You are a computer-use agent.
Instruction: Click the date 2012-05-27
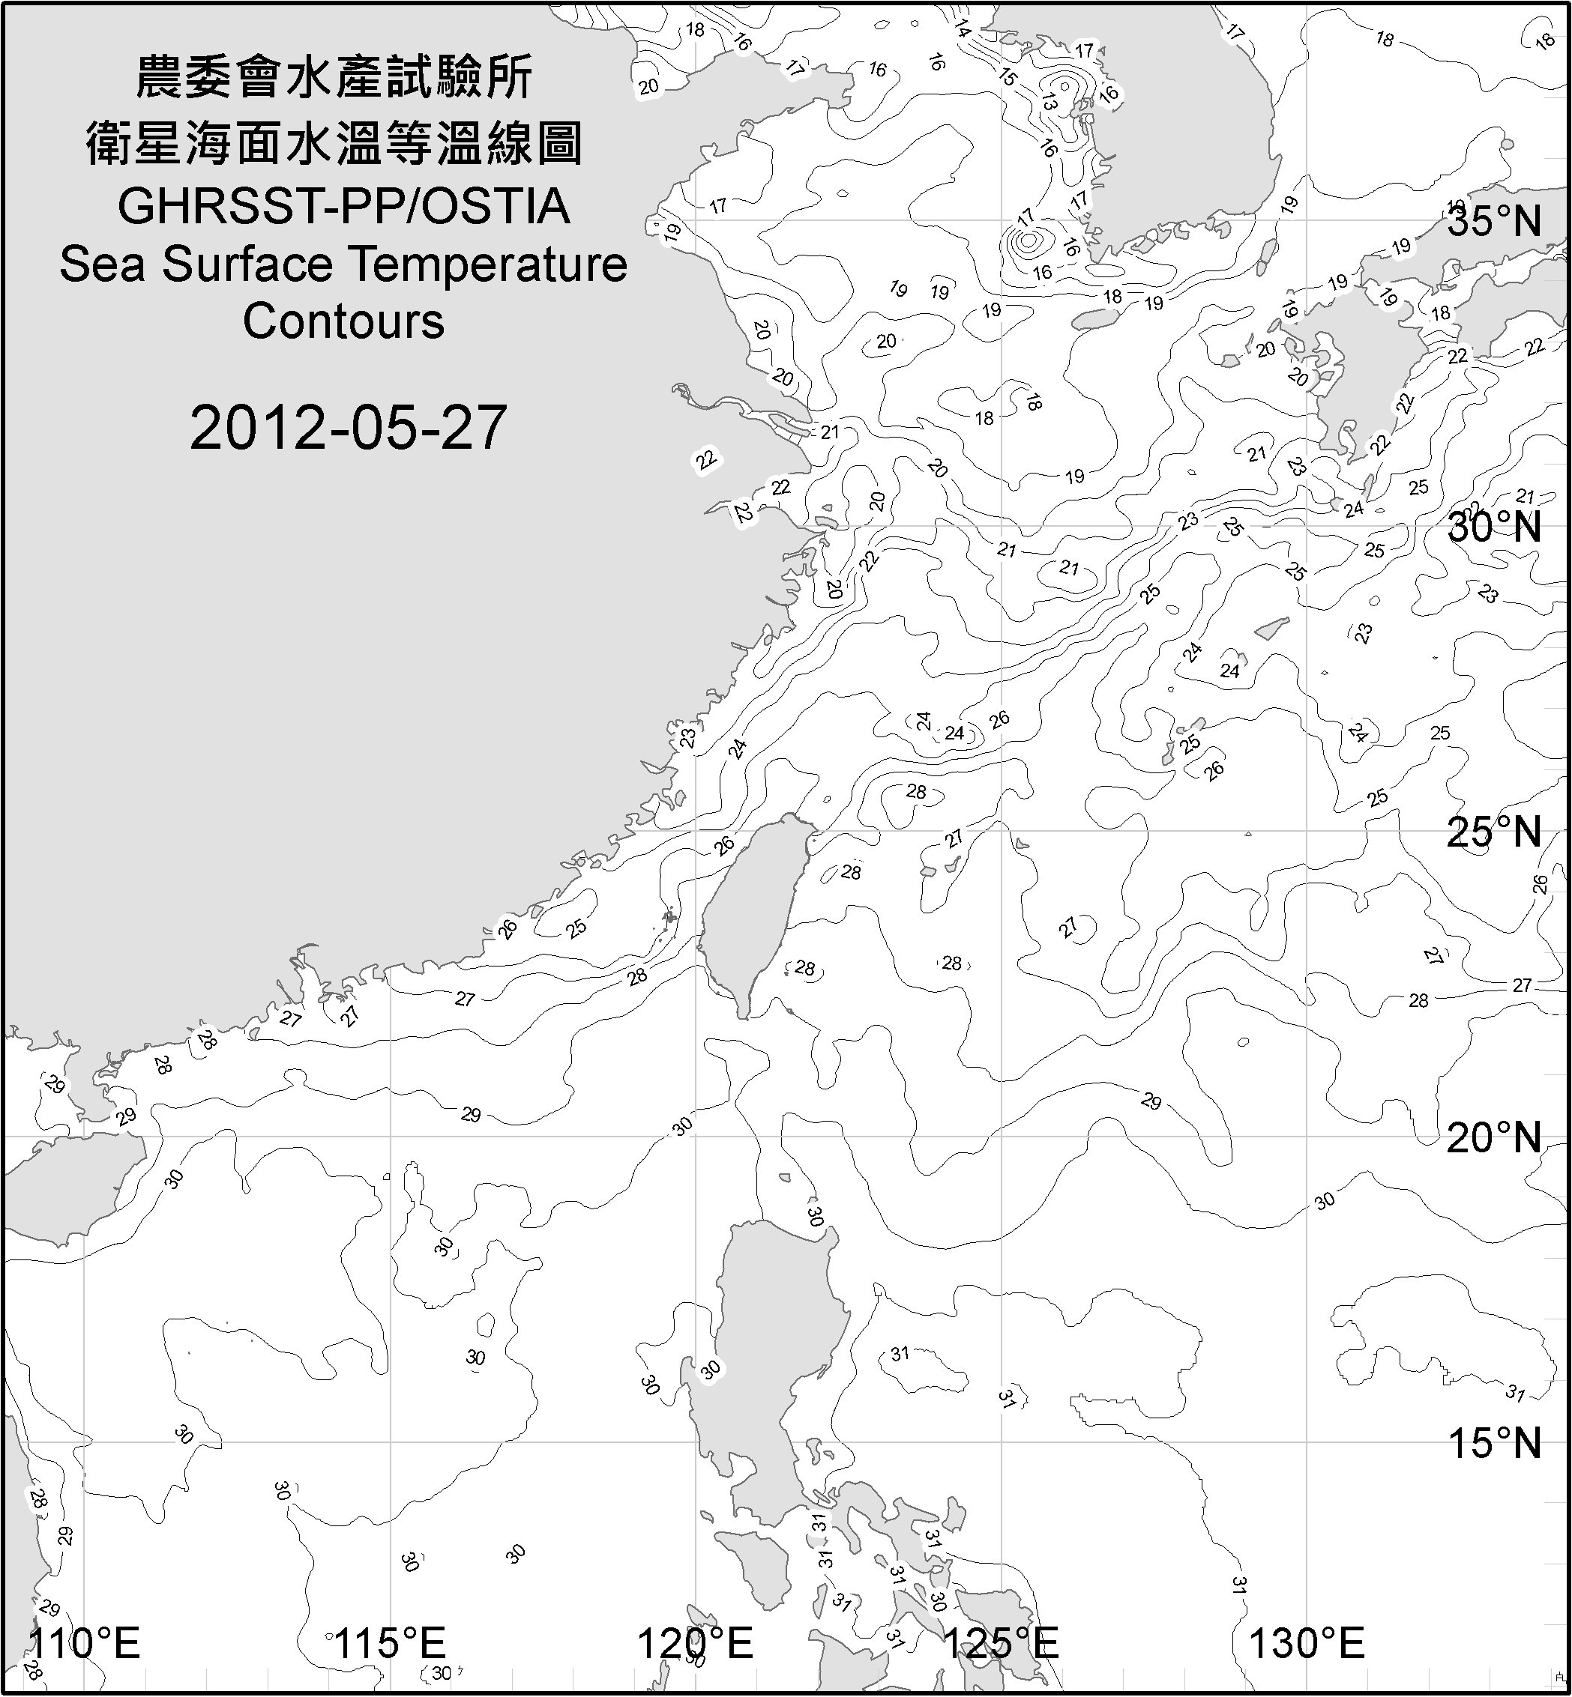(x=348, y=428)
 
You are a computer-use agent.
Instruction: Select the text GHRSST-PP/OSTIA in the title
(x=343, y=207)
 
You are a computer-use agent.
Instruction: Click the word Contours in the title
(x=343, y=321)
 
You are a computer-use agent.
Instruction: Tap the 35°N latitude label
(x=1494, y=222)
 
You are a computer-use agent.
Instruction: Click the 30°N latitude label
(x=1494, y=528)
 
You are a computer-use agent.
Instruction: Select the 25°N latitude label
(x=1494, y=832)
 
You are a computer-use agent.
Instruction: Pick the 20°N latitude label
(x=1494, y=1137)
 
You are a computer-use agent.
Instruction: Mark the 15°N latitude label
(x=1494, y=1443)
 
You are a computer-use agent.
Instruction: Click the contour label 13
(x=1048, y=103)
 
